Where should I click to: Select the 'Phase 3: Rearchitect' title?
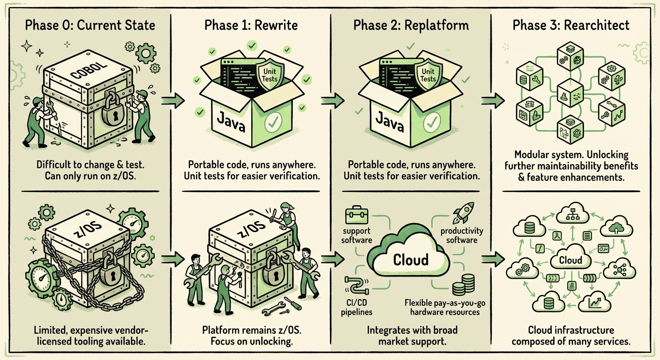571,25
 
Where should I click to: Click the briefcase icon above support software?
356,216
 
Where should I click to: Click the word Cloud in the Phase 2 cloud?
411,259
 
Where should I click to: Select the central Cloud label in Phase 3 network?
570,260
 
